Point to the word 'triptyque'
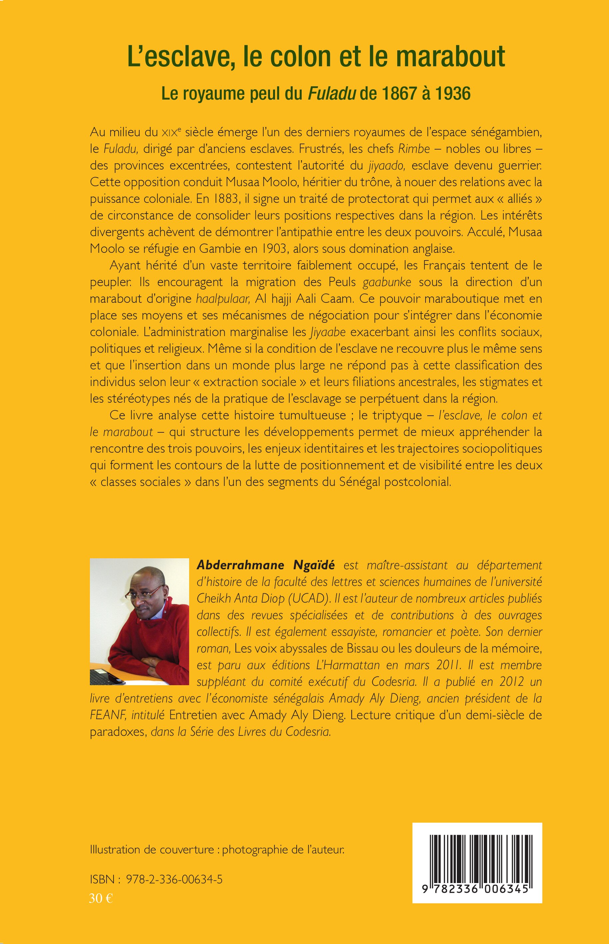click(400, 415)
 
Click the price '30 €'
click(101, 898)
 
